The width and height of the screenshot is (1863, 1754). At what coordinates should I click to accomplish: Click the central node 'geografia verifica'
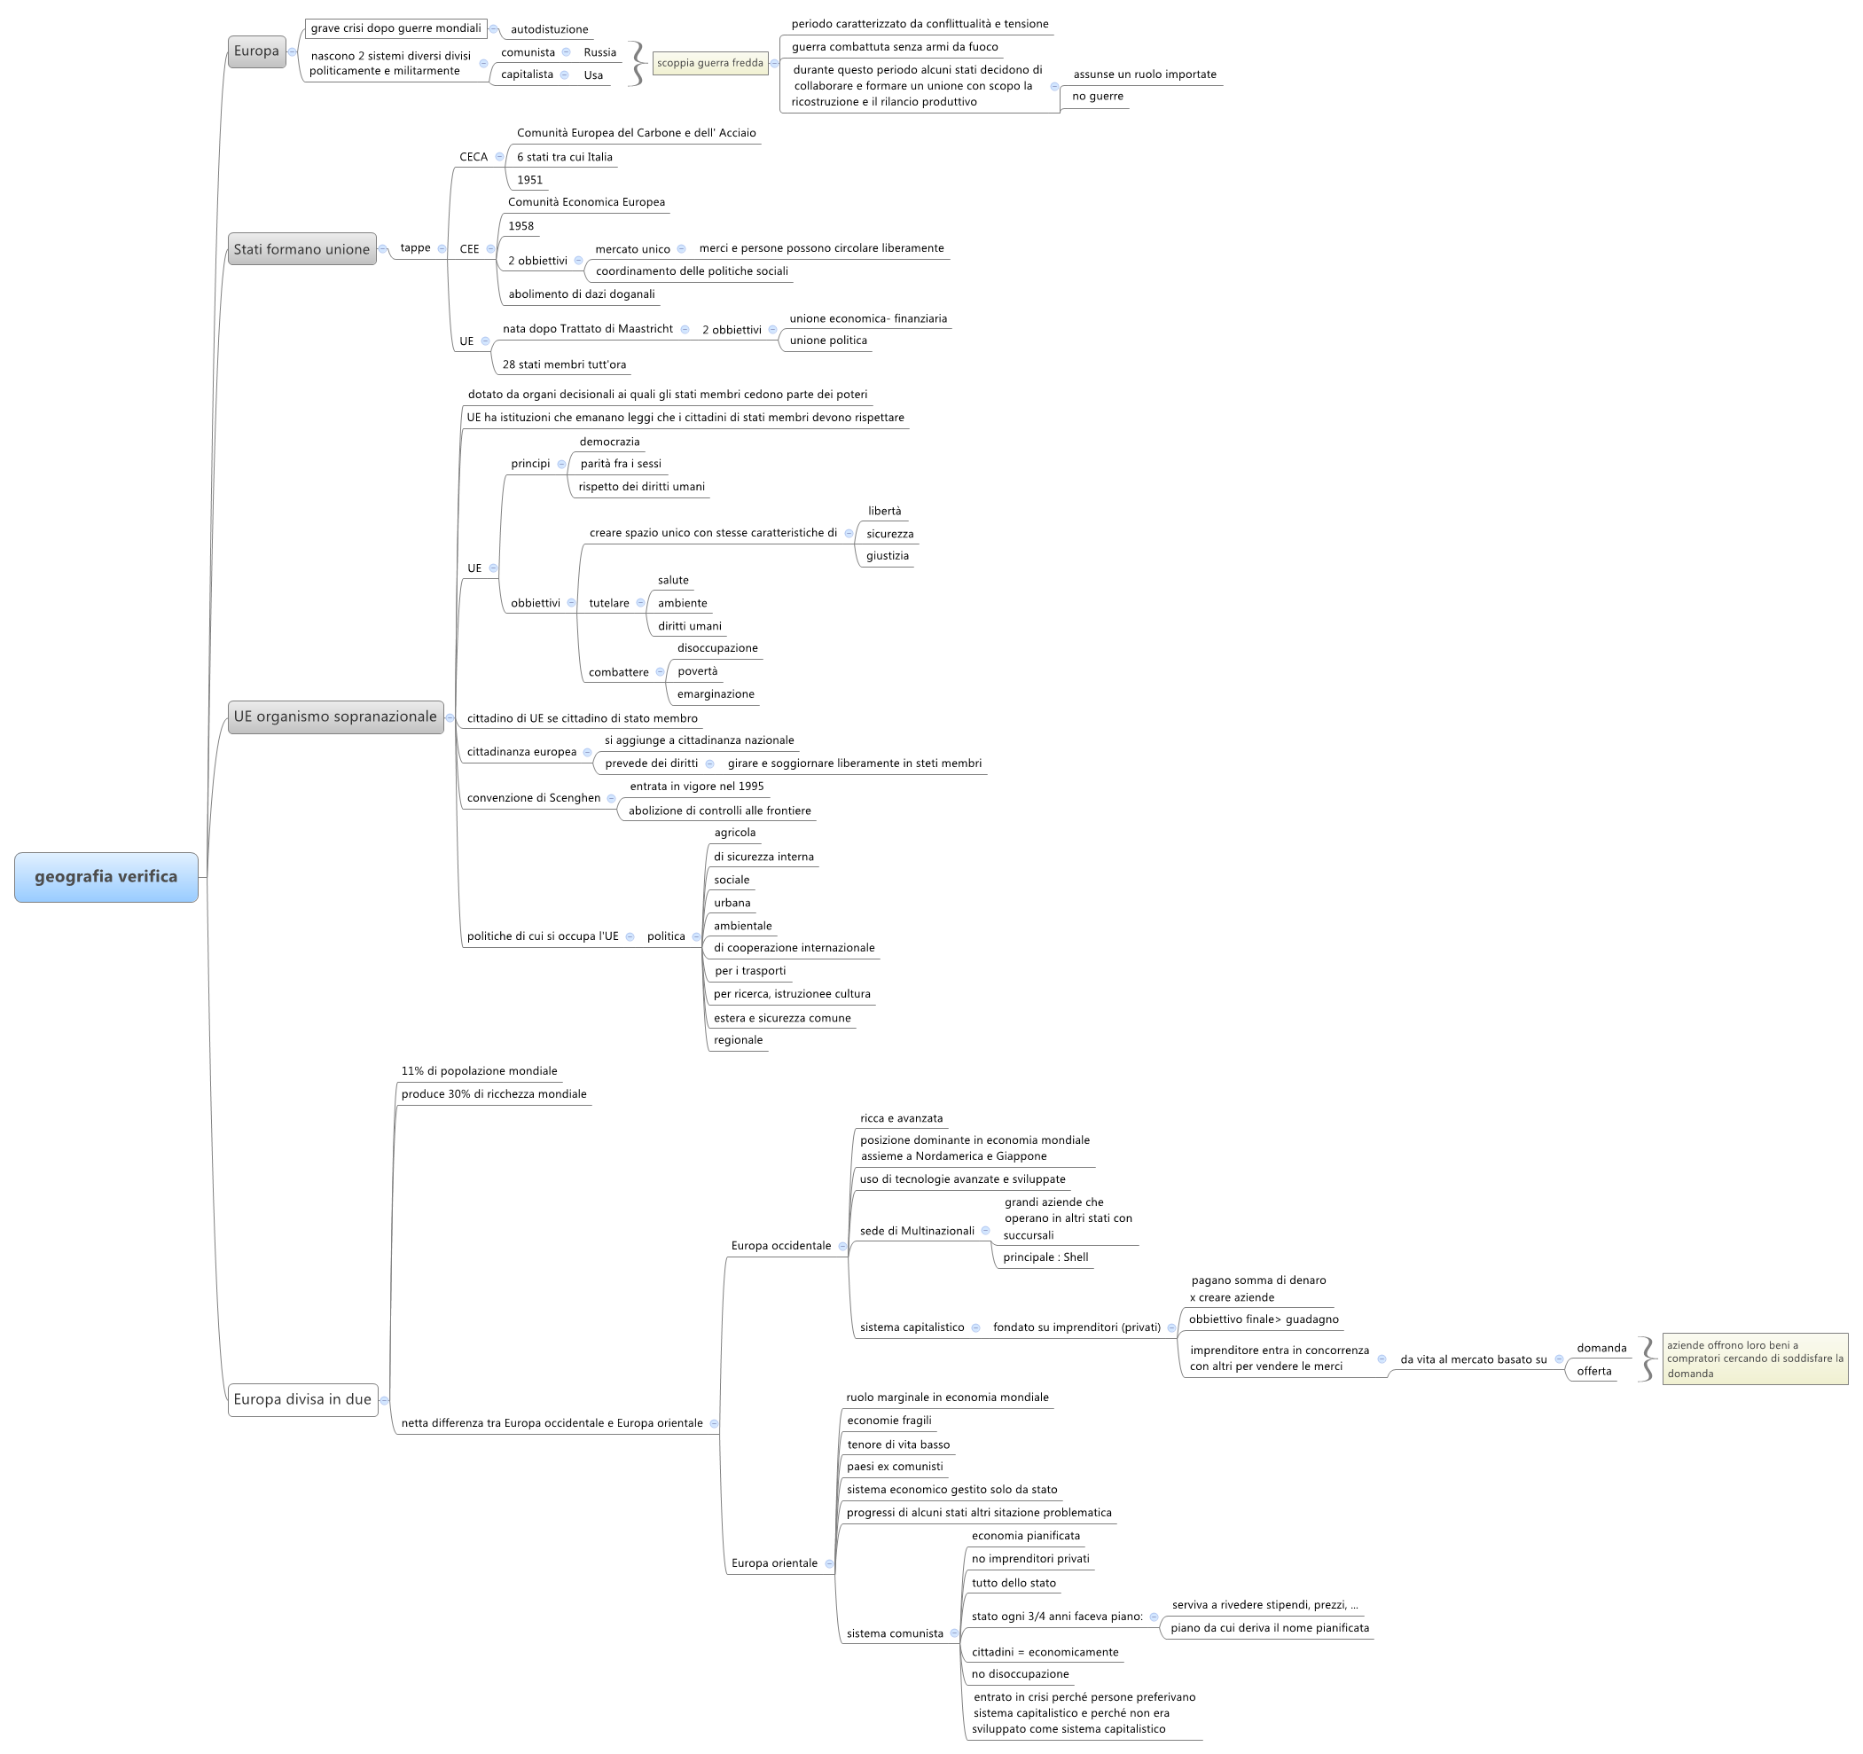pyautogui.click(x=106, y=877)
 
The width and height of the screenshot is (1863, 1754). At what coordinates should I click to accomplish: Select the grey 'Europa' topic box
pyautogui.click(x=256, y=51)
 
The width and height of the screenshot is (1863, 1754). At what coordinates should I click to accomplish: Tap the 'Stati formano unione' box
pyautogui.click(x=301, y=249)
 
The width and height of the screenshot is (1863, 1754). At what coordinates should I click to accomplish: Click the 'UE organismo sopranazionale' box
pyautogui.click(x=335, y=716)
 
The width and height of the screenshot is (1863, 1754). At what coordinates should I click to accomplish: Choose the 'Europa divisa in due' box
pyautogui.click(x=302, y=1400)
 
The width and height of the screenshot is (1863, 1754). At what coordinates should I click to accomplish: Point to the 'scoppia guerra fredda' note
pyautogui.click(x=710, y=64)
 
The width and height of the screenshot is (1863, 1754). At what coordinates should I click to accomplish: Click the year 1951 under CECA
pyautogui.click(x=529, y=180)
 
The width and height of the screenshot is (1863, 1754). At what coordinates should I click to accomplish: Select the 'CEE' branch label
pyautogui.click(x=469, y=249)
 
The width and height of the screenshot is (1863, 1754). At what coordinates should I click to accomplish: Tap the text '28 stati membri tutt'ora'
pyautogui.click(x=564, y=364)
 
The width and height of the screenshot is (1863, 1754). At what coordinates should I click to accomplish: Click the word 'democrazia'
pyautogui.click(x=609, y=442)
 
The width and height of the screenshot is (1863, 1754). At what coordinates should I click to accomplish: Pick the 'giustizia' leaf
pyautogui.click(x=888, y=556)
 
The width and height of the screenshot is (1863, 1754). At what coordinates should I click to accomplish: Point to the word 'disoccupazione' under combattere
pyautogui.click(x=718, y=648)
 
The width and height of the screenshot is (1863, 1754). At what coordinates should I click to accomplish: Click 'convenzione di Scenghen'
pyautogui.click(x=534, y=798)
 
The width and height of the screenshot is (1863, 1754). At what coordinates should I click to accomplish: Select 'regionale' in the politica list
pyautogui.click(x=739, y=1040)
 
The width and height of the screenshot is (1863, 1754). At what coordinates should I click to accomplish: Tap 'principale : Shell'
pyautogui.click(x=1045, y=1257)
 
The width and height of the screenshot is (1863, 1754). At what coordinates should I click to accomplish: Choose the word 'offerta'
pyautogui.click(x=1594, y=1372)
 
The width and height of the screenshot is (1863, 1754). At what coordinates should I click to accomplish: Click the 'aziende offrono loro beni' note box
pyautogui.click(x=1755, y=1359)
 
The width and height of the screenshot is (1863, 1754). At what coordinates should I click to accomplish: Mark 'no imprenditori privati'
pyautogui.click(x=1031, y=1559)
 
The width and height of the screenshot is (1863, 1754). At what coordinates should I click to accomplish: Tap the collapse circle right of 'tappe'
pyautogui.click(x=442, y=248)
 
